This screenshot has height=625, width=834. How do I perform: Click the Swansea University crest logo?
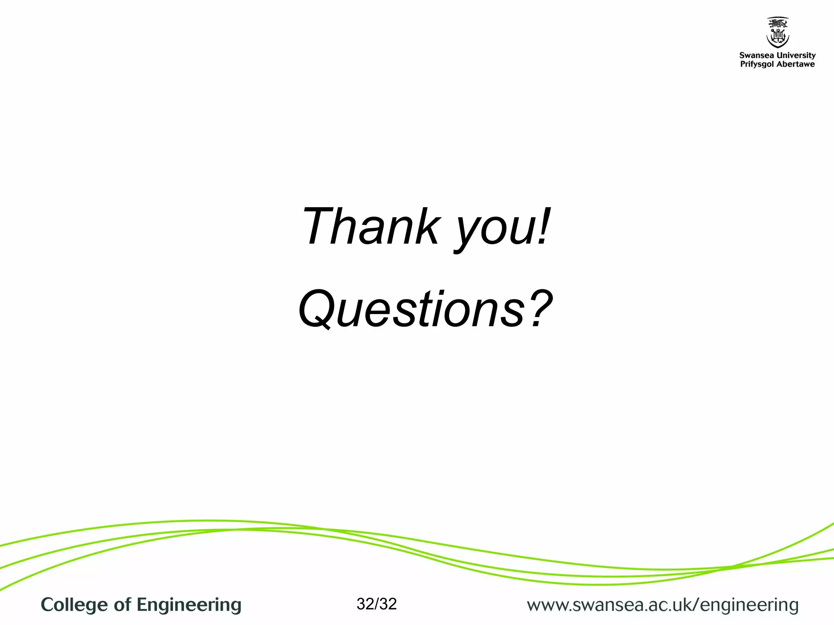(x=777, y=33)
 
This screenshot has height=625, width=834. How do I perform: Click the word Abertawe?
(x=796, y=64)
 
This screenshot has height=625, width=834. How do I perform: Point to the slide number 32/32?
(x=376, y=604)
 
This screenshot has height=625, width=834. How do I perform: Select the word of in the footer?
(x=123, y=605)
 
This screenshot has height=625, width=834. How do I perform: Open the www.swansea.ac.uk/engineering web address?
(x=663, y=605)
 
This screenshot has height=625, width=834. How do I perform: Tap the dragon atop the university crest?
(x=777, y=22)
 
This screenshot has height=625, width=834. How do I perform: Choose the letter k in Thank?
(x=425, y=226)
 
